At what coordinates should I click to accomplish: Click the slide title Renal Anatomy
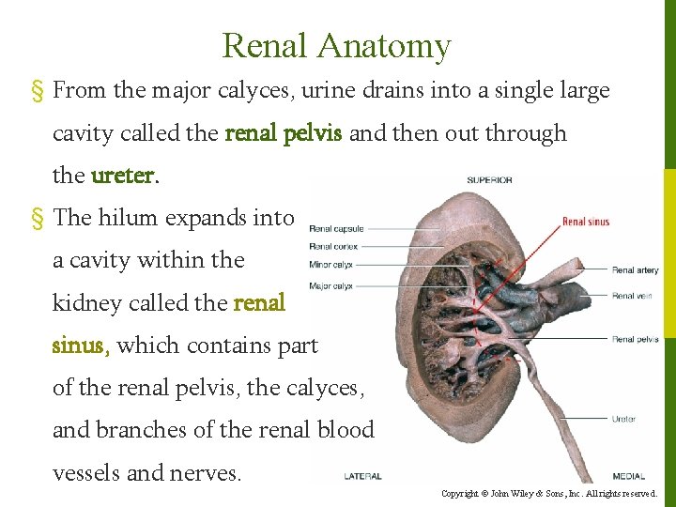pos(337,45)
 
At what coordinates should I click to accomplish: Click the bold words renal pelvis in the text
pos(284,133)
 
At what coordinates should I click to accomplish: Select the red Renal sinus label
pos(586,223)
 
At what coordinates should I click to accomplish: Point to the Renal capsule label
pos(336,228)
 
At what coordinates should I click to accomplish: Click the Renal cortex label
pos(333,246)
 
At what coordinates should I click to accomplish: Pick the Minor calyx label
pos(331,264)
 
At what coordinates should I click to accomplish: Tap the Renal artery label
pos(635,270)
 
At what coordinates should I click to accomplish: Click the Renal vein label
pos(632,296)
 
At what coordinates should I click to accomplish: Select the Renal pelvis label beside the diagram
pos(635,339)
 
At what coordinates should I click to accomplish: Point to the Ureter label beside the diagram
pos(623,419)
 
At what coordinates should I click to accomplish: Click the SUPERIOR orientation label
pos(489,179)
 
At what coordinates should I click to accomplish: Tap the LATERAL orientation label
pos(361,476)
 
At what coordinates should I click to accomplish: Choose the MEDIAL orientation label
pos(628,476)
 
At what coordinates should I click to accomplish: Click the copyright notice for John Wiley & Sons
pos(548,493)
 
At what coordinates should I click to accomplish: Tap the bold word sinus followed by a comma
pos(81,346)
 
